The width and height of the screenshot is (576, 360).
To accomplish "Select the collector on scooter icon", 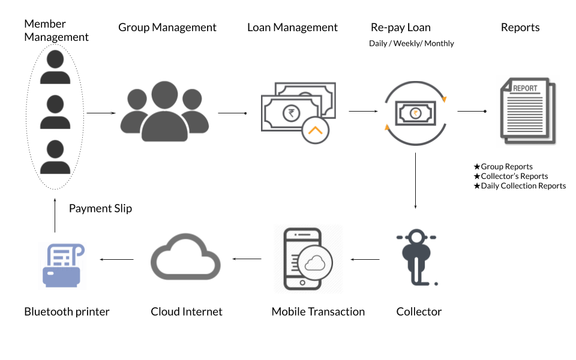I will tap(416, 259).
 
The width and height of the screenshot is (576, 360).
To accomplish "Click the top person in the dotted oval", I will tap(55, 67).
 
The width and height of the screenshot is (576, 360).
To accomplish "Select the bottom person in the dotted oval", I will tap(55, 157).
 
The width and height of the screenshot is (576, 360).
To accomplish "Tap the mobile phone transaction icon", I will tap(308, 259).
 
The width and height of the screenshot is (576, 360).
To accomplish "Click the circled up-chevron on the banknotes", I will tap(316, 130).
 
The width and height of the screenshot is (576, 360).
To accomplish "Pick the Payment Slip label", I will tap(100, 209).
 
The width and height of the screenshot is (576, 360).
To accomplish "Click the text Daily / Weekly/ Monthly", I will tap(411, 44).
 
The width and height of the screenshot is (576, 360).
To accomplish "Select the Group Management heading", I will tap(167, 28).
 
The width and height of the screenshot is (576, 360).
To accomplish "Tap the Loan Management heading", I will tap(292, 28).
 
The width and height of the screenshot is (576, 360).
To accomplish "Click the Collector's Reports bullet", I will tap(511, 176).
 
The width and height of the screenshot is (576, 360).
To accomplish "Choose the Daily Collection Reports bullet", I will tap(520, 186).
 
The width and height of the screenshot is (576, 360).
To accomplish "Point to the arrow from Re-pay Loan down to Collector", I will tap(416, 181).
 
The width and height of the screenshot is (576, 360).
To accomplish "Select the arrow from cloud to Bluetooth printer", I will tap(117, 259).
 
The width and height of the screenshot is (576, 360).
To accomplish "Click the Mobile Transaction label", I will tap(318, 311).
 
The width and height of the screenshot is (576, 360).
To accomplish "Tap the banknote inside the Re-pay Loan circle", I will tap(415, 112).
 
